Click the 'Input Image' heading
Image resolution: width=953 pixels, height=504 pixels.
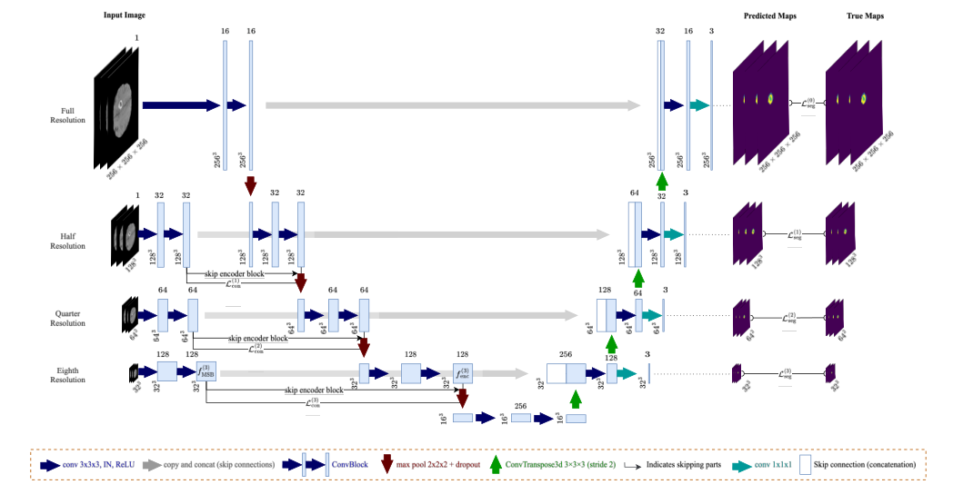[x=124, y=16]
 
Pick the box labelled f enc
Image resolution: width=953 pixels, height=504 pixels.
[x=463, y=372]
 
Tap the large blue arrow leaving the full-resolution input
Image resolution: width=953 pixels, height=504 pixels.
[x=180, y=105]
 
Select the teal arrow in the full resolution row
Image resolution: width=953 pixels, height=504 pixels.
[x=699, y=105]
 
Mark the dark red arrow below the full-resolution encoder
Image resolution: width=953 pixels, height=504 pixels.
[x=249, y=186]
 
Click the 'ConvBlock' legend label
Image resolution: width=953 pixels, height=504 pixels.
[x=349, y=464]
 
